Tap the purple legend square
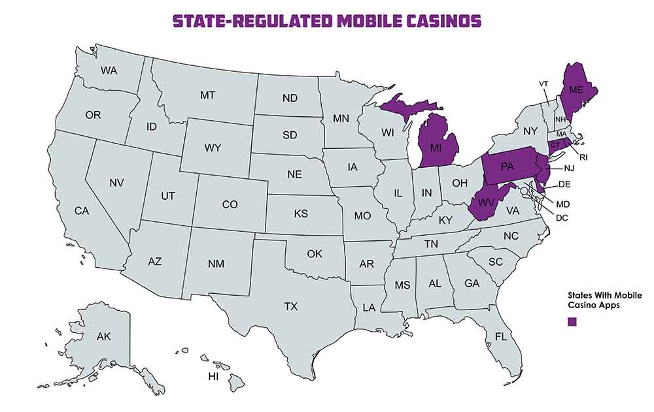point(572,322)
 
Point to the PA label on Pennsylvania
point(506,168)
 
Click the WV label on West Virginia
point(485,202)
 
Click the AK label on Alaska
point(103,337)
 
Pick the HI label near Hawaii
point(213,377)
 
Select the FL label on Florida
point(501,337)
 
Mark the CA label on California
point(82,211)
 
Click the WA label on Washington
point(109,70)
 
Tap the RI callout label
point(584,157)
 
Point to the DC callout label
point(562,217)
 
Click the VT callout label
point(543,84)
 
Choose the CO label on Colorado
point(230,204)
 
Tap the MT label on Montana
point(207,95)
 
